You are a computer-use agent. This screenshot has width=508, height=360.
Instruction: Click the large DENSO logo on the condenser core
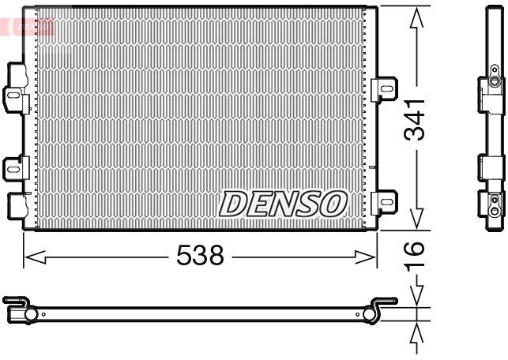click(282, 204)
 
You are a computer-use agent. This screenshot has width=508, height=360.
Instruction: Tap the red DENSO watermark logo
click(28, 26)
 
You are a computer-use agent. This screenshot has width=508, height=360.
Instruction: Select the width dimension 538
click(201, 255)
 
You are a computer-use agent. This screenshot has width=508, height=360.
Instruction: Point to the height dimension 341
click(416, 118)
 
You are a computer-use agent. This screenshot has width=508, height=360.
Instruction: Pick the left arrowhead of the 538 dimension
click(32, 256)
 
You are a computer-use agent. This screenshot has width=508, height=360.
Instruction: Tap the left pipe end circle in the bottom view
click(32, 315)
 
